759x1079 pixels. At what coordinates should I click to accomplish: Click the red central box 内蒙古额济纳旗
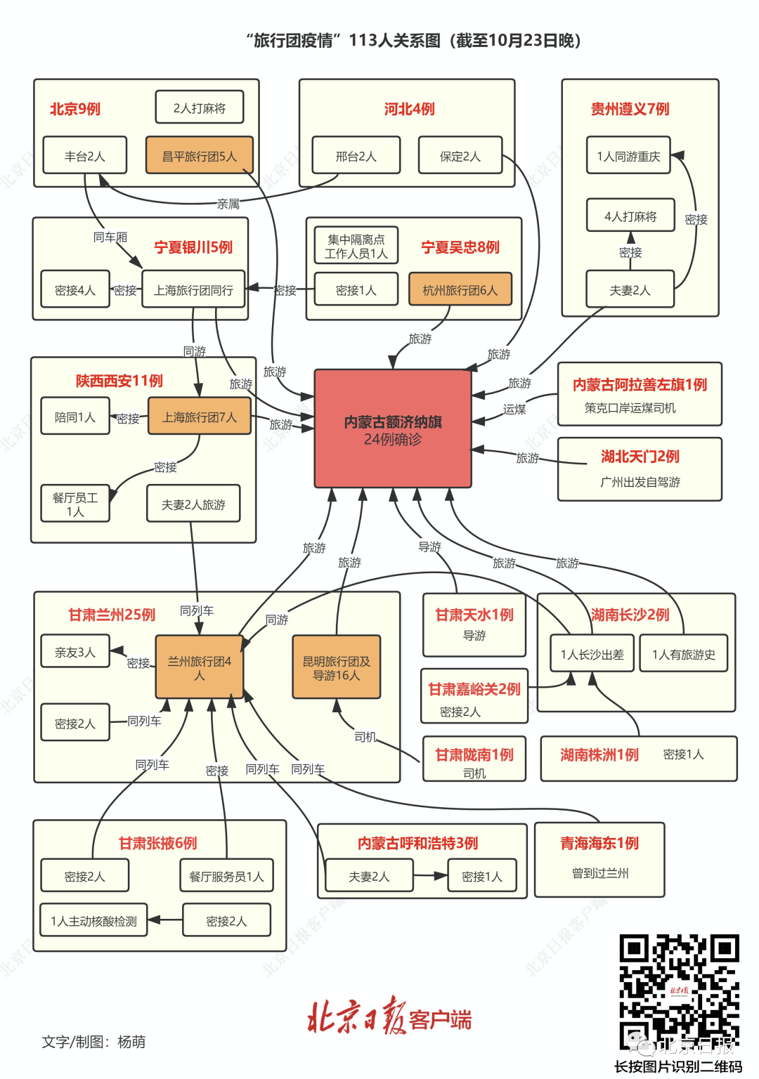[x=393, y=429]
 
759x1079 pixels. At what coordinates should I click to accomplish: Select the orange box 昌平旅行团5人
[x=199, y=155]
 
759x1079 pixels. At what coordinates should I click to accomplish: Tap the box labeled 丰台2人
[x=84, y=155]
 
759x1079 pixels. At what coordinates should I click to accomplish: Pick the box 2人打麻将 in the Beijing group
[x=200, y=107]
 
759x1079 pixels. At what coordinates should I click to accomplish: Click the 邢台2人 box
[x=356, y=155]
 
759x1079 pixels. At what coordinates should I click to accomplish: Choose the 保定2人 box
[x=460, y=155]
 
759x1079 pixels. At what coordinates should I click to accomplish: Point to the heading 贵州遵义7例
[x=630, y=109]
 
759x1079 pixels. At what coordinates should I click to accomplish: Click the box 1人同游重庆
[x=628, y=155]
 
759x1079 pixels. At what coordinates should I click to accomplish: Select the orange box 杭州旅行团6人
[x=460, y=289]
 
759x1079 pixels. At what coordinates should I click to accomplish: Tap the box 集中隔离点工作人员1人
[x=356, y=245]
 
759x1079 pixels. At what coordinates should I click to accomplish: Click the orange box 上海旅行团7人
[x=200, y=417]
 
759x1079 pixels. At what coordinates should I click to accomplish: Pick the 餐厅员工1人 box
[x=75, y=504]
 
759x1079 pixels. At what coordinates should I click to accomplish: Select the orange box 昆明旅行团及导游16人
[x=337, y=667]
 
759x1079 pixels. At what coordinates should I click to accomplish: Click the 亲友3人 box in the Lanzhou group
[x=75, y=651]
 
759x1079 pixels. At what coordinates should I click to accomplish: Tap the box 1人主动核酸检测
[x=93, y=920]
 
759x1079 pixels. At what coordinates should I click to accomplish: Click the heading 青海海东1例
[x=599, y=843]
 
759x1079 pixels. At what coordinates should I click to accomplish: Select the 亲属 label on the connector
[x=228, y=204]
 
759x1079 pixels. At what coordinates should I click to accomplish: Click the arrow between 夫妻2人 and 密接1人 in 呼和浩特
[x=430, y=876]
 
